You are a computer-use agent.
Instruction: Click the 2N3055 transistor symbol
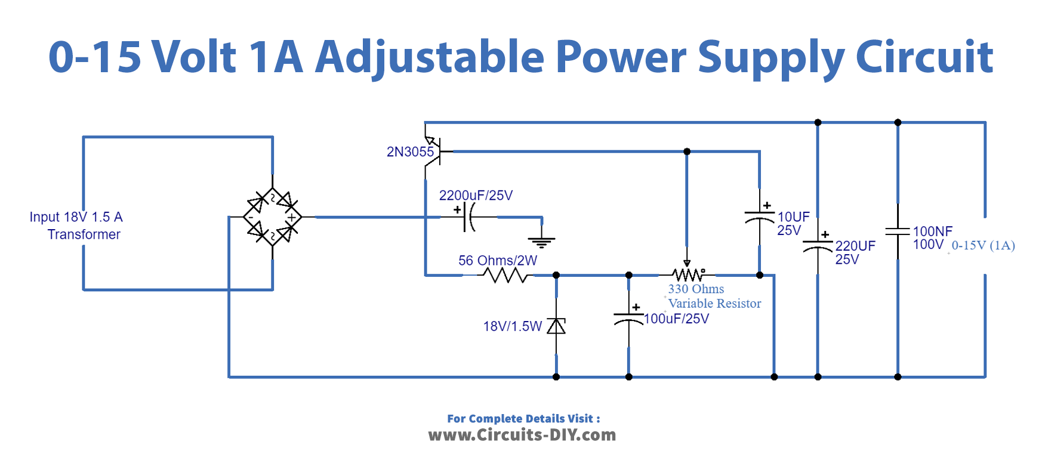tap(434, 151)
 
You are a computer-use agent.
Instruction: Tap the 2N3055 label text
tap(410, 152)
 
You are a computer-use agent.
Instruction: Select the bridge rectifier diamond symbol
tap(273, 217)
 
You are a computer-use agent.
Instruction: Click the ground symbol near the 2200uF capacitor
tap(541, 241)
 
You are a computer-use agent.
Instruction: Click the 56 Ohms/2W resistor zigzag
tap(506, 275)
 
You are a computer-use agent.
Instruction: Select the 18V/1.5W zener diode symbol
tap(556, 326)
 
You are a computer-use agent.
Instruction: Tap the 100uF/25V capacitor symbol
tap(628, 318)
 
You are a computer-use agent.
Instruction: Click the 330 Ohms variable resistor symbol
tap(688, 274)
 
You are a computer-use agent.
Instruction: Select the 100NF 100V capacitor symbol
tap(898, 231)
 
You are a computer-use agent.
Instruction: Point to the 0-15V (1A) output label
tap(983, 245)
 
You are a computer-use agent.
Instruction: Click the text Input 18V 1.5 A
tap(76, 217)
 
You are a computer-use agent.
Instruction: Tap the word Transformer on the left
tap(84, 234)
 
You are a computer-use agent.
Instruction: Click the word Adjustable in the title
tap(430, 58)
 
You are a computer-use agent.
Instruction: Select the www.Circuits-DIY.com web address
tap(522, 435)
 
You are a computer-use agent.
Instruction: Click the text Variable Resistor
tap(714, 304)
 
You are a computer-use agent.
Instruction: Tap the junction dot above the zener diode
tap(556, 275)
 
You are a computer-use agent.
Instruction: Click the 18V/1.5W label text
tap(512, 326)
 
